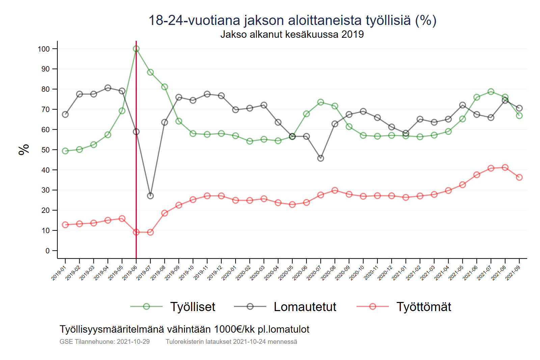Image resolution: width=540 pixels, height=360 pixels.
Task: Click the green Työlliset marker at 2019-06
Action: coord(136,49)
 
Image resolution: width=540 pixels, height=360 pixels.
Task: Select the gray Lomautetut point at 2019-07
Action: coord(151,196)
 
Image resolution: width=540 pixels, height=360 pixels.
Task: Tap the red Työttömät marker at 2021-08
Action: coord(505,167)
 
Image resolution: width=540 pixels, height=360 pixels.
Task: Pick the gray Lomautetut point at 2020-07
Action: coord(321,158)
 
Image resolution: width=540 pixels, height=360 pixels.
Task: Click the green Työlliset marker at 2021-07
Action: coord(491,92)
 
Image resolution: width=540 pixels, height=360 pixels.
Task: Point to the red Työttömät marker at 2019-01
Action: coord(65,225)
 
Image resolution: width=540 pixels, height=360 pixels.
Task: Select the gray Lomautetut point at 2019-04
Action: coord(108,88)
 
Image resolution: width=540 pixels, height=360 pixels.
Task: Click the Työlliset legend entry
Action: coord(192,307)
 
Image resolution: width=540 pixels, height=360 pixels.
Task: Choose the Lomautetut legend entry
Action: coord(305,307)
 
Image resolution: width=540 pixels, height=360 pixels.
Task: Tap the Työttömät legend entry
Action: coord(423,307)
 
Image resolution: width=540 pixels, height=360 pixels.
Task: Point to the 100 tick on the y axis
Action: coord(44,49)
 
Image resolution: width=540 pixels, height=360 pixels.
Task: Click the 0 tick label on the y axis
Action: coord(48,251)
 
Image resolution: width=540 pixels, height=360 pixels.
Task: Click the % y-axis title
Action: coord(24,149)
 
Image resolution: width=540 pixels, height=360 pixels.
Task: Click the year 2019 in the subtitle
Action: coord(352,34)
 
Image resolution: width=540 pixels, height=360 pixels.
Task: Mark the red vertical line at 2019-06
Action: coord(136,152)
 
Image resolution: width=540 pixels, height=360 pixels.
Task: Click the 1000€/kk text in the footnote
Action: coord(234,329)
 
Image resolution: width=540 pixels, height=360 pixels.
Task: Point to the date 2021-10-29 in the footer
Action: coord(133,341)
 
